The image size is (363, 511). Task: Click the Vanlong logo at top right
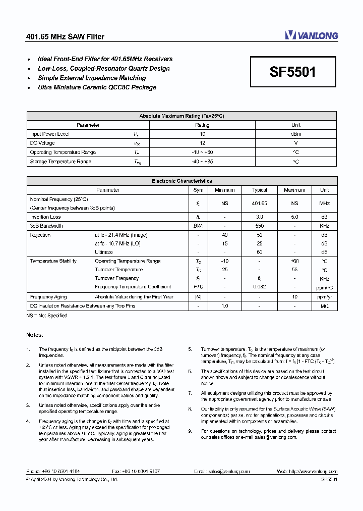tap(312, 35)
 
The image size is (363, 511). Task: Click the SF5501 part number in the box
tap(293, 72)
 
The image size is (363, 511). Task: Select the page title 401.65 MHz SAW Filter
tap(65, 37)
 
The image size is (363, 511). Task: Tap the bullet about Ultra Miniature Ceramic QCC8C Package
tap(97, 87)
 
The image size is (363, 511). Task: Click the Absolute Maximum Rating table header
tap(181, 116)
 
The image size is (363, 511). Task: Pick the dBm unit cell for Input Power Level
tap(296, 134)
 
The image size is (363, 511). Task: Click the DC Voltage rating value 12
tap(202, 143)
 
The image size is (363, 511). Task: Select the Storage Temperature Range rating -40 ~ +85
tap(202, 162)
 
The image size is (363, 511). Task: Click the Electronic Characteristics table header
tap(181, 181)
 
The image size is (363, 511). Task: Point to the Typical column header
tap(259, 190)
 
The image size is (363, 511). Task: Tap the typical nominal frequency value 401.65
tap(259, 203)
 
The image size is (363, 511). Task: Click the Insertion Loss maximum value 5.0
tap(294, 217)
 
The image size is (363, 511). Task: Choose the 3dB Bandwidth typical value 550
tap(259, 226)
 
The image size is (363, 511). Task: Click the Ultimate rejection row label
tap(104, 252)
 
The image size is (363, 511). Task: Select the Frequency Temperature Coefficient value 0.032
tap(259, 287)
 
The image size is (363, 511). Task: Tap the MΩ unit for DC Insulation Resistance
tap(324, 306)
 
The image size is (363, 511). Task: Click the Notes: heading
tap(35, 335)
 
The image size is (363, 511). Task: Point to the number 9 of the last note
tap(190, 431)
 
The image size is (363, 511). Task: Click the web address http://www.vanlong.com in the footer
tap(313, 471)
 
